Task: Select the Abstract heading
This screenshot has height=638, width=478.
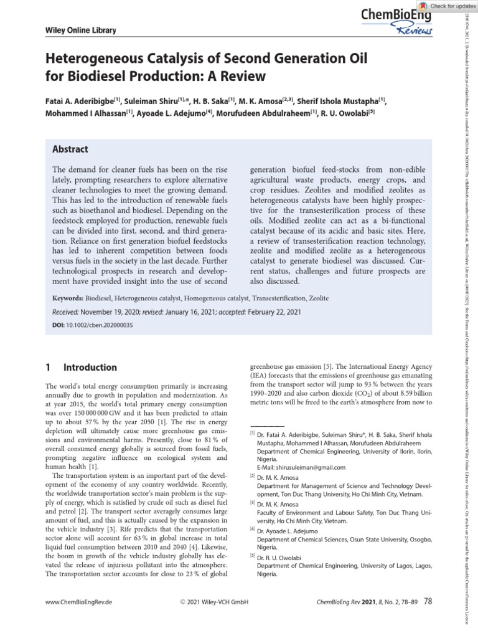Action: [70, 150]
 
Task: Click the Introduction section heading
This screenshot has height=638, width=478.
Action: [90, 368]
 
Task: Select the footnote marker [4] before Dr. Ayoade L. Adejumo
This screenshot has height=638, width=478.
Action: [253, 529]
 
